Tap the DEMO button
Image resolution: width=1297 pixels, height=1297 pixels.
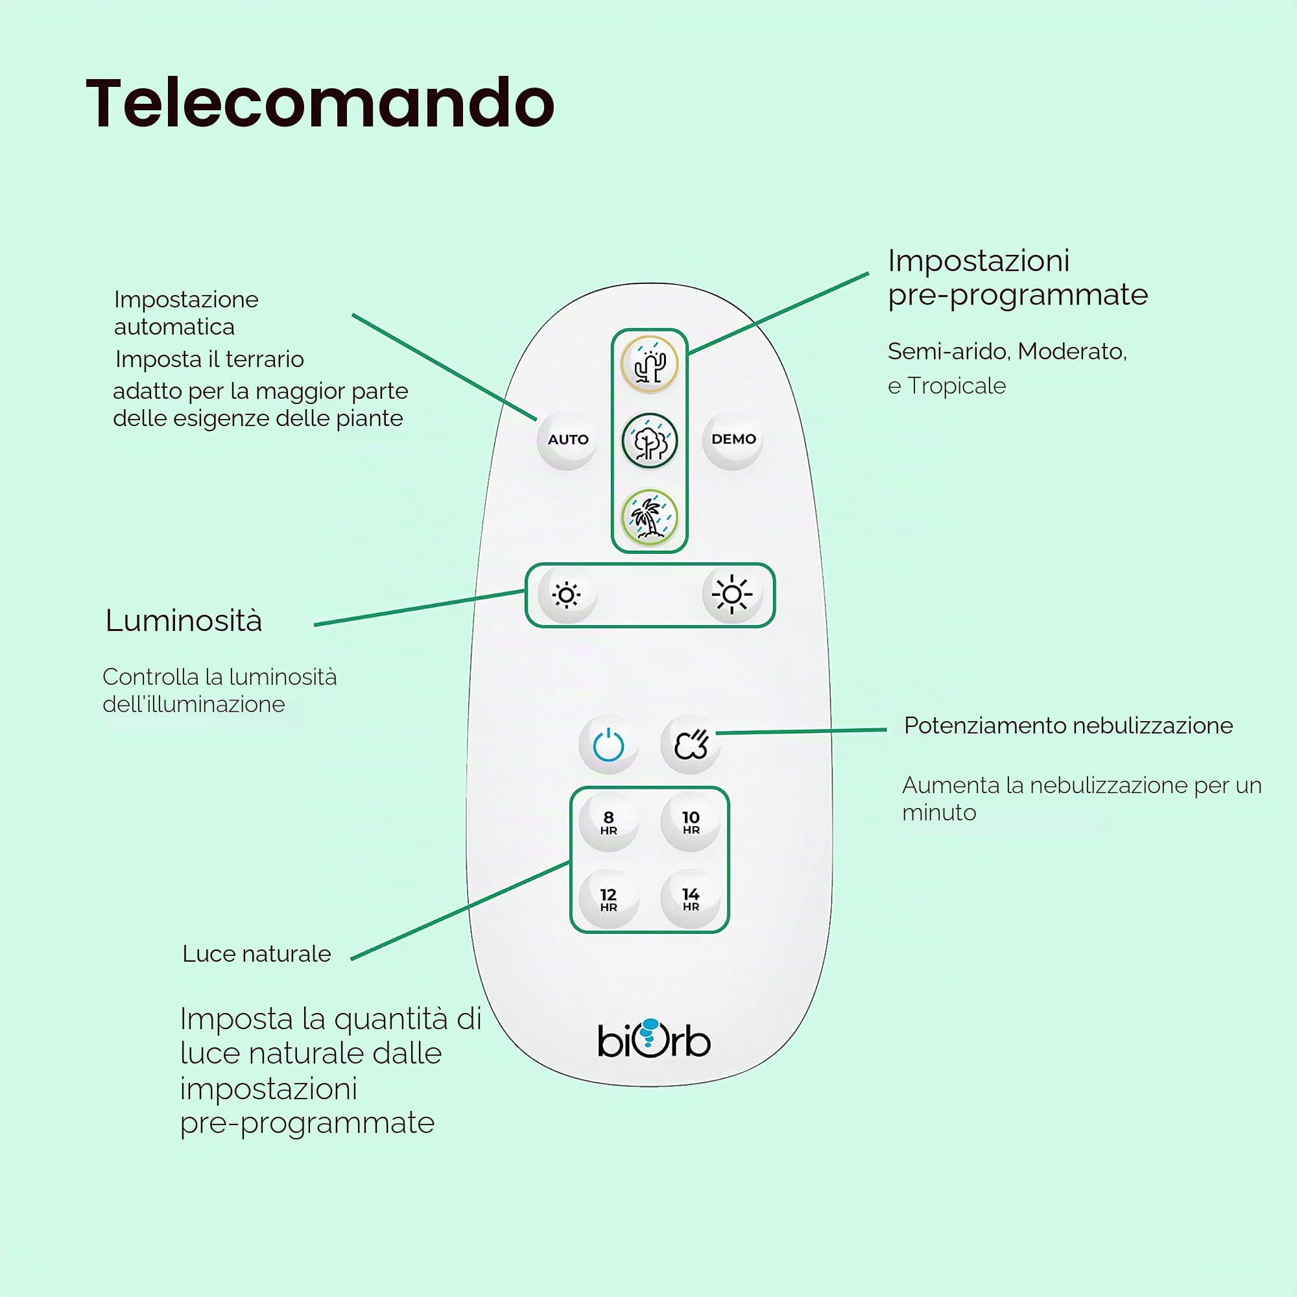[732, 440]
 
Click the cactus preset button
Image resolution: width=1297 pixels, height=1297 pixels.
[649, 364]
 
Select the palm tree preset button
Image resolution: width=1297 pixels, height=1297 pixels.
[649, 517]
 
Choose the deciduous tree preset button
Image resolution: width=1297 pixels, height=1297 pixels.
[649, 441]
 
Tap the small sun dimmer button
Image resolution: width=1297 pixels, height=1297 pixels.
[567, 595]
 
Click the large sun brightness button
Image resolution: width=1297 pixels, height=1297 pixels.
[732, 594]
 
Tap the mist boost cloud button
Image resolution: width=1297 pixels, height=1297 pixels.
[691, 744]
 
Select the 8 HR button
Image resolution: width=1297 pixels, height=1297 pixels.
[608, 822]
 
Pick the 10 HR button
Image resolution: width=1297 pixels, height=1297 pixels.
[691, 822]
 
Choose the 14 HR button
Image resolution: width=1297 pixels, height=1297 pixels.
[691, 899]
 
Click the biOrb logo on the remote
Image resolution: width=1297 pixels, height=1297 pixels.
[654, 1039]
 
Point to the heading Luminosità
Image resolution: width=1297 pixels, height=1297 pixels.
[184, 621]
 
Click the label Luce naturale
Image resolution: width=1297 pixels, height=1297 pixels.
[256, 954]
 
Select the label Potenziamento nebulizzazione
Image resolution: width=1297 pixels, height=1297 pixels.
[1068, 726]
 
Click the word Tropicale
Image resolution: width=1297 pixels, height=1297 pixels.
[957, 387]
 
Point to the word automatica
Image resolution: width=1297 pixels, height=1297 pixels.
[174, 327]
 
